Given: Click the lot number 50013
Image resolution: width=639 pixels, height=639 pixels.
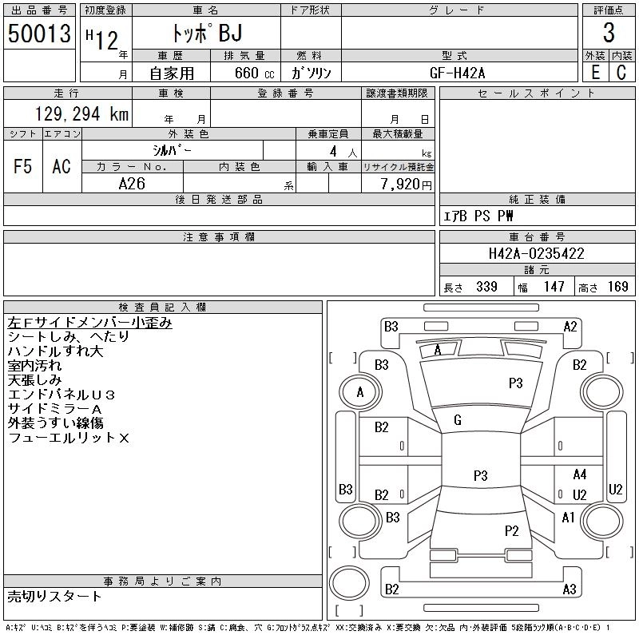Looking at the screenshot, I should [x=39, y=33].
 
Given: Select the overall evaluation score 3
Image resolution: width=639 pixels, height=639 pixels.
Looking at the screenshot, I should [x=609, y=34].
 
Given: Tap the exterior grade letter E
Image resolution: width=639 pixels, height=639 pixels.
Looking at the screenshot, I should [x=595, y=72].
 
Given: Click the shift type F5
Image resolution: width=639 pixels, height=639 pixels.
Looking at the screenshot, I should [x=23, y=166].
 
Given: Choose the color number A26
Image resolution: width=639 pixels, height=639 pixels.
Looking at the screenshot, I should [x=132, y=184].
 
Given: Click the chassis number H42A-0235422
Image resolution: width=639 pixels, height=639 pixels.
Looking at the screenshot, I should [x=536, y=254].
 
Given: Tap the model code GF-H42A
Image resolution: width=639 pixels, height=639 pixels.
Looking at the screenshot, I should [x=458, y=73].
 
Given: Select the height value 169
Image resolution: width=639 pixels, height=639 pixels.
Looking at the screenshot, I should [x=617, y=287].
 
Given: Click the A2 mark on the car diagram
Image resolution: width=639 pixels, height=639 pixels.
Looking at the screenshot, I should [x=570, y=326].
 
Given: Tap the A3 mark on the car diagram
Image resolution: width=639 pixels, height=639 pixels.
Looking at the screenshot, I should [x=570, y=589].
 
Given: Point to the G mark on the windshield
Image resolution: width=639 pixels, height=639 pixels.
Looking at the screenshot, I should [x=457, y=420].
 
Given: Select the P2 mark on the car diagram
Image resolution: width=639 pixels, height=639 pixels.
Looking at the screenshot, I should [x=512, y=530].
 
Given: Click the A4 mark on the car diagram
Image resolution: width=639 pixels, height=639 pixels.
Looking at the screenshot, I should [x=580, y=475].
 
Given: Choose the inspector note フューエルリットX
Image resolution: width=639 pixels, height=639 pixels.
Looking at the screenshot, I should [x=69, y=438].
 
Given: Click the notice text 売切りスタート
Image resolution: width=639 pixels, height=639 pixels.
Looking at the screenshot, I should [x=55, y=597].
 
